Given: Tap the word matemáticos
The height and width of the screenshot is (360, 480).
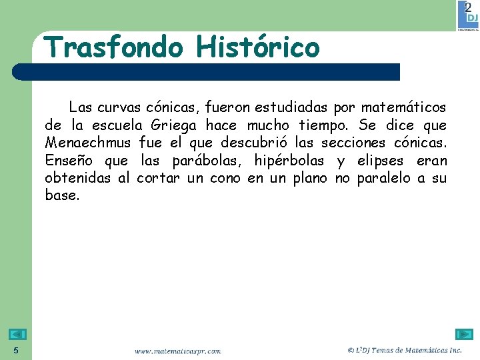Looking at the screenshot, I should click(x=403, y=107).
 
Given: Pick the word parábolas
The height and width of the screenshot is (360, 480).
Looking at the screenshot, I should click(x=209, y=161).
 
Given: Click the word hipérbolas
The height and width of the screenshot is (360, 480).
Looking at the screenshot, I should click(x=289, y=161).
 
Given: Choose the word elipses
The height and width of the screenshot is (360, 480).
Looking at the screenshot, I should click(x=381, y=161).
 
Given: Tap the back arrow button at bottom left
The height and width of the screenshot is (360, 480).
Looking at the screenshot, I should click(x=17, y=335).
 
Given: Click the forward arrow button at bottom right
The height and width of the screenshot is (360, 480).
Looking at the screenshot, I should click(x=463, y=335).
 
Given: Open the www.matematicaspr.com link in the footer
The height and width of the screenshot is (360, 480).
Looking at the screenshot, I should click(x=177, y=351).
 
